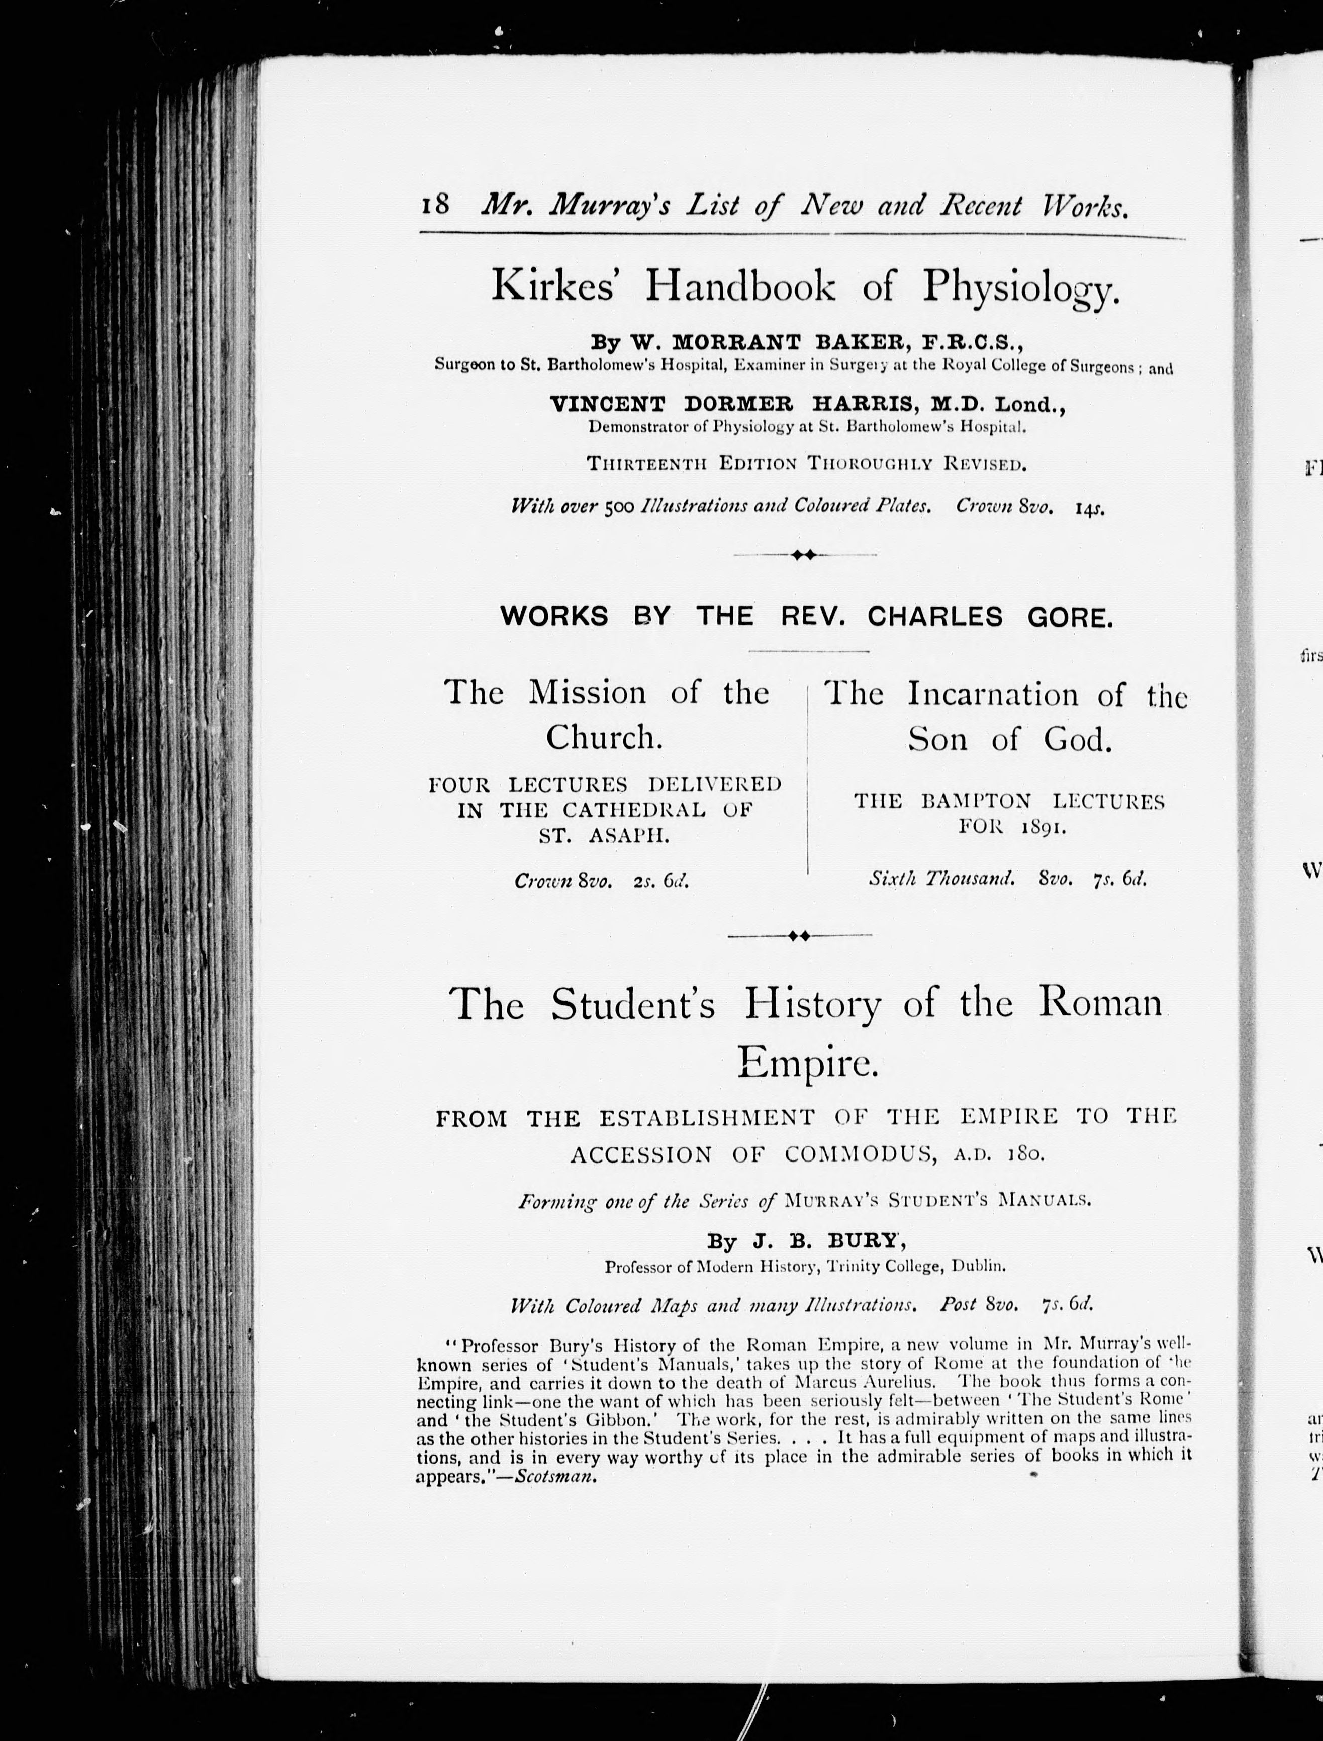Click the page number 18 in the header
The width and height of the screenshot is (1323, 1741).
[435, 206]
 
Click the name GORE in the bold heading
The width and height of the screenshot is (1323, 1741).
[1070, 617]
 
